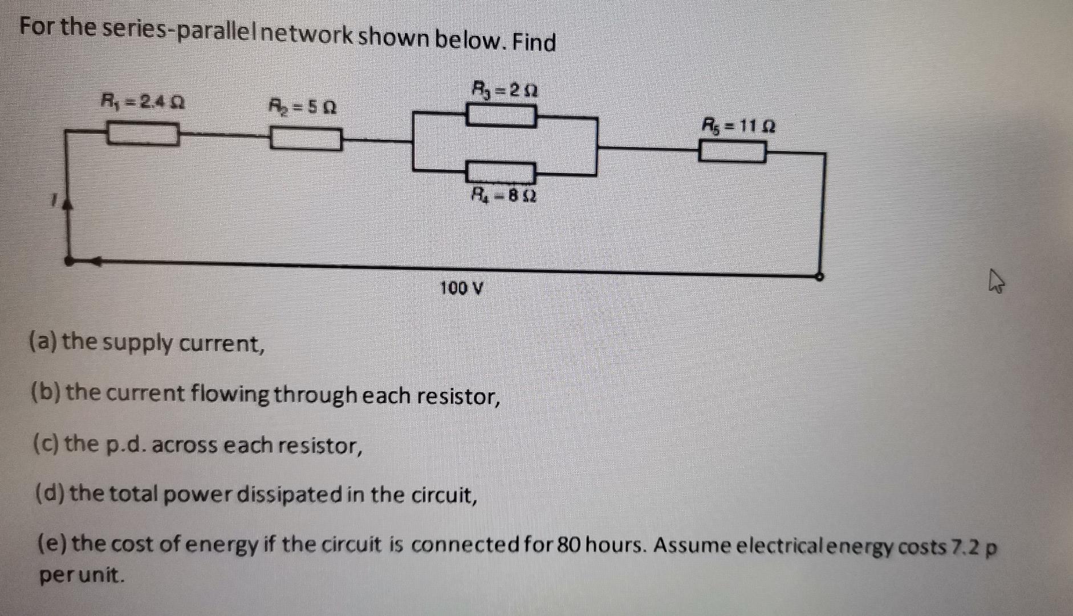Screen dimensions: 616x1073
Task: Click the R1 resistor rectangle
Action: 142,135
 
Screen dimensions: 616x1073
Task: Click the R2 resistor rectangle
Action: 306,139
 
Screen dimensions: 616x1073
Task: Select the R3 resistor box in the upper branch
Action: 501,116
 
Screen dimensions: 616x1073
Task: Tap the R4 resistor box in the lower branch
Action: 501,172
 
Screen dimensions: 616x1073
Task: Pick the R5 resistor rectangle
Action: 733,152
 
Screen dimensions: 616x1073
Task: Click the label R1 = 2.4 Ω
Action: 142,103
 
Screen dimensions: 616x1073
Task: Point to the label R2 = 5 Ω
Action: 302,107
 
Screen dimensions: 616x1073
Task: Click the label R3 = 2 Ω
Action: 505,90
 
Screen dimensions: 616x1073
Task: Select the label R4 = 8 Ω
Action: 502,196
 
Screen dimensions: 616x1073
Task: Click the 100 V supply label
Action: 462,289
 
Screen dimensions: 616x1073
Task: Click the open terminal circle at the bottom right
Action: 819,277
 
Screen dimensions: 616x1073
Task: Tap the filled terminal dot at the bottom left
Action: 69,261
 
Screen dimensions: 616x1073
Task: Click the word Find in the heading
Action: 533,42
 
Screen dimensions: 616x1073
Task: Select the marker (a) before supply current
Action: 43,342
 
